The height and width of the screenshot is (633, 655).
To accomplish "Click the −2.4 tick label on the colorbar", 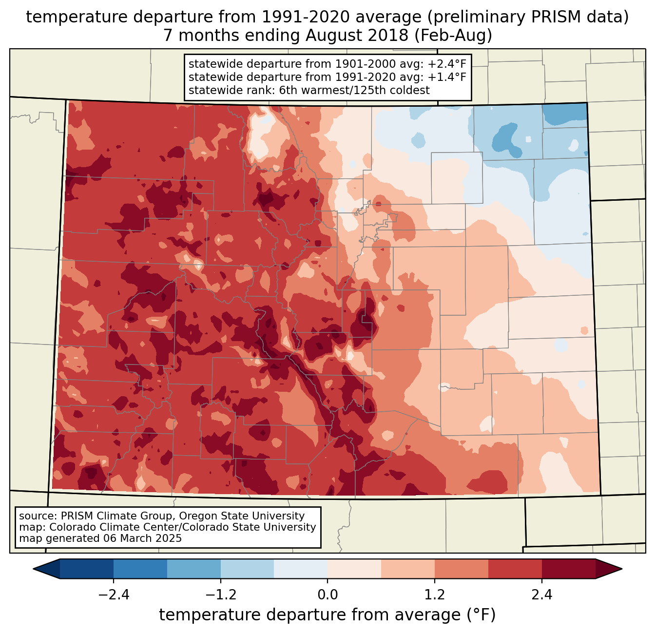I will coord(114,595).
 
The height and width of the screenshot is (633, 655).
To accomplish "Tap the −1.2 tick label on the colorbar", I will coord(220,595).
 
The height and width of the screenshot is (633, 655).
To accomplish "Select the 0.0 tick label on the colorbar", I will coord(327,595).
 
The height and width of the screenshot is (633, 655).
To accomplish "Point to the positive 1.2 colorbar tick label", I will coord(435,595).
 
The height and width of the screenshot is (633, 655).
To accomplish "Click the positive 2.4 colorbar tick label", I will coord(541,595).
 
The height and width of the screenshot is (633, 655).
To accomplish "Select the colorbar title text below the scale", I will coord(327,615).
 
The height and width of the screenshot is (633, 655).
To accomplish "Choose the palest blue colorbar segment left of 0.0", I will coord(301,569).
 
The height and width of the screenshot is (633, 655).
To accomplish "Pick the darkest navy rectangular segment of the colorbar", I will coord(87,569).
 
